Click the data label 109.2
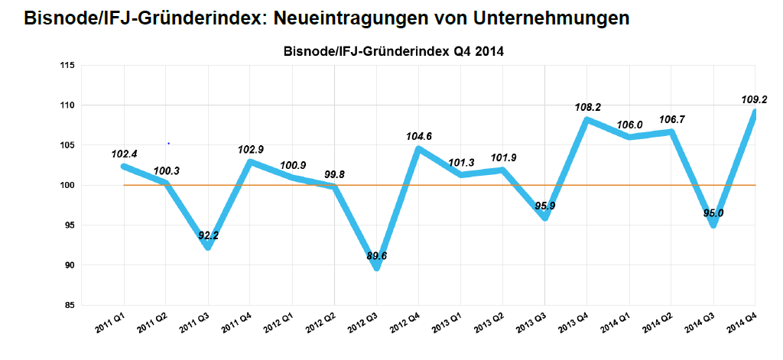755,99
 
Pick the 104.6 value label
418,137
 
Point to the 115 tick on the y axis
67,66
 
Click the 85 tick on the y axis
69,305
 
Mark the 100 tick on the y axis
67,185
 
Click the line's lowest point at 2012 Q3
376,267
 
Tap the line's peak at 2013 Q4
586,119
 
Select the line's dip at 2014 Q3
713,224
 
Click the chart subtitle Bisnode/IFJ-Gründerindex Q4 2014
393,52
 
